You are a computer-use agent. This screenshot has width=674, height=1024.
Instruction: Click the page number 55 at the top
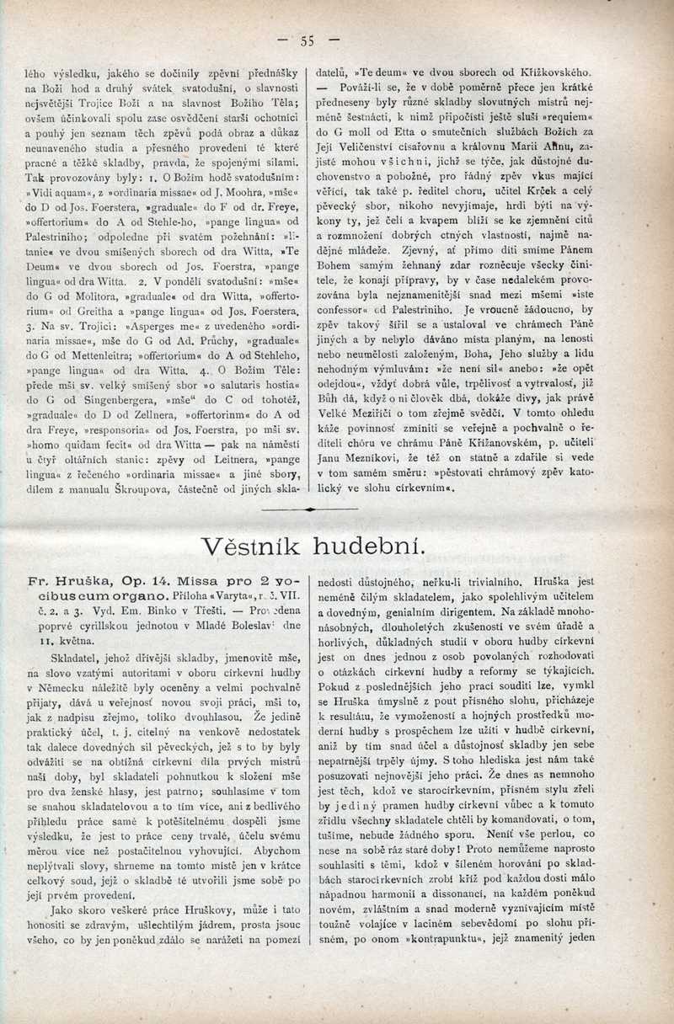(307, 39)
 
